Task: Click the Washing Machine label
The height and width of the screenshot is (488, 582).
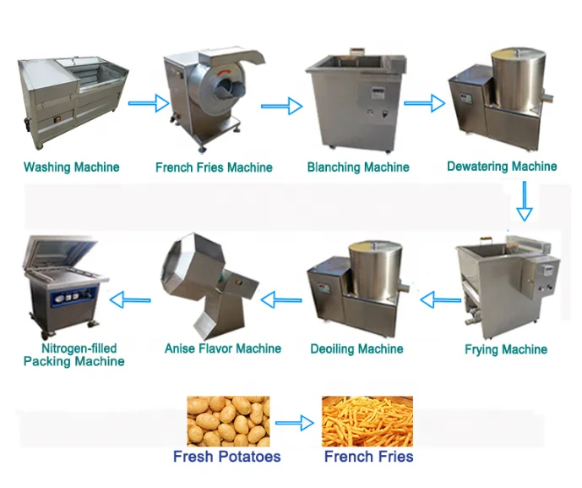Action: pos(72,167)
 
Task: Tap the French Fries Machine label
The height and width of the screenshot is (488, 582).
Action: pos(214,167)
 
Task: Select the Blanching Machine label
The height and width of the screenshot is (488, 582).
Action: pos(358,167)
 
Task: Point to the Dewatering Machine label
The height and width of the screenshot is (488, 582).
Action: pos(502,167)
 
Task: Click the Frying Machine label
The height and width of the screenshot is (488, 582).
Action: pos(506,349)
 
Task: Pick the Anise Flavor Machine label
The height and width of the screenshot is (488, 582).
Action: pos(223,348)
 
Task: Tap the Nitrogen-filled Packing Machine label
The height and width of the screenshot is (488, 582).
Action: pos(73,355)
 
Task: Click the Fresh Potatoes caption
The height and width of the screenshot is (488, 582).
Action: pos(226,457)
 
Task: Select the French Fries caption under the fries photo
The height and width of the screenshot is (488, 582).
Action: pos(368,457)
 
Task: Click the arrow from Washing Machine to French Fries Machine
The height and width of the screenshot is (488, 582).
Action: pos(149,104)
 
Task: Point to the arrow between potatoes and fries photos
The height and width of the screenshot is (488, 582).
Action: pos(295,422)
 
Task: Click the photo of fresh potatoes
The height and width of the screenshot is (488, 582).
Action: pos(228,421)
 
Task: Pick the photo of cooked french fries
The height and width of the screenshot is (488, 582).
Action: pos(367,421)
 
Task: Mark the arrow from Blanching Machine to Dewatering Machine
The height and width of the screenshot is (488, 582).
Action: pos(424,104)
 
